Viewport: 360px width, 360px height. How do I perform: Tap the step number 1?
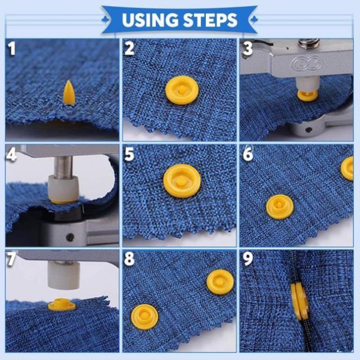click(11, 48)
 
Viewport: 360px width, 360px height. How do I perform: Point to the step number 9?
click(247, 259)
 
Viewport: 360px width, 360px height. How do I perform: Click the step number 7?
click(11, 259)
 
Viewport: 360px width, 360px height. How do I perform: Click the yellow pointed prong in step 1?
click(69, 93)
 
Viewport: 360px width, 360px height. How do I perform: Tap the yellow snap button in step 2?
click(182, 90)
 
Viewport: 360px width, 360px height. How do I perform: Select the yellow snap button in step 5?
click(182, 181)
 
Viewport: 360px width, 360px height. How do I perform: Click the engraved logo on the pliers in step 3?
click(306, 63)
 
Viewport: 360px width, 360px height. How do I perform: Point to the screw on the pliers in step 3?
click(309, 129)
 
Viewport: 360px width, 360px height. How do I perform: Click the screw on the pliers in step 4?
click(70, 237)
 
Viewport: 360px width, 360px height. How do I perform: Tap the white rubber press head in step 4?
click(64, 188)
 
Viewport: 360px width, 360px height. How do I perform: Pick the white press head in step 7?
click(64, 275)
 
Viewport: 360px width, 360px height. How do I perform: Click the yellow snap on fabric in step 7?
click(62, 304)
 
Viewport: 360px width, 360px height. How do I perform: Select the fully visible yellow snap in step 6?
click(280, 207)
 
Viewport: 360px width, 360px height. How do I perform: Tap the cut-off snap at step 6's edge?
click(347, 168)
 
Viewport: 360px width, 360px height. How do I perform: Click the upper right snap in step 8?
click(220, 282)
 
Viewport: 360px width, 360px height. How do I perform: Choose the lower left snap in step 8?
click(145, 317)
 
